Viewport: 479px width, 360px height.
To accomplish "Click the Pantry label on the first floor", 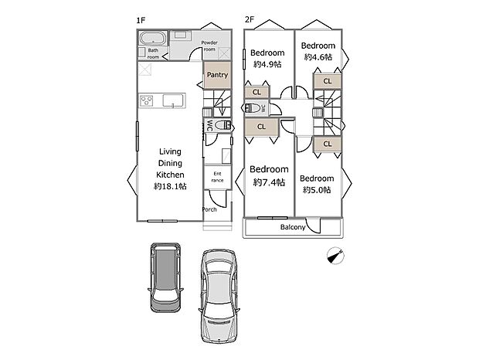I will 216,76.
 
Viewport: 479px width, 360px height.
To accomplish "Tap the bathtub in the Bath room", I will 153,38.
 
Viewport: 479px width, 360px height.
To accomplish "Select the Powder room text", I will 210,46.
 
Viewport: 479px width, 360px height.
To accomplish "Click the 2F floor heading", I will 249,19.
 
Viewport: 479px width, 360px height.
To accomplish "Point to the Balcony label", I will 293,227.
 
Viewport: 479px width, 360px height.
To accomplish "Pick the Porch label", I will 209,209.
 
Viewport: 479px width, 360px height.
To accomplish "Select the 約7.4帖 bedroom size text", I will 269,182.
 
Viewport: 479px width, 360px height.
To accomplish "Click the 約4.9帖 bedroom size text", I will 267,64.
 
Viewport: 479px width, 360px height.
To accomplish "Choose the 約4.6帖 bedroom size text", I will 318,57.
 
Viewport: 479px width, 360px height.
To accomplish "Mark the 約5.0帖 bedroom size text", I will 318,189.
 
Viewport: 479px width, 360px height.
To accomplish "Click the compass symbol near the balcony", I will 335,256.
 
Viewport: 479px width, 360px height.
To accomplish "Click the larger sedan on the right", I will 221,297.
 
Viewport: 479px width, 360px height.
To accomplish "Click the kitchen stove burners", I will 148,100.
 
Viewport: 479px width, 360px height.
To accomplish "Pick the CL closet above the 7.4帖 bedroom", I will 261,127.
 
